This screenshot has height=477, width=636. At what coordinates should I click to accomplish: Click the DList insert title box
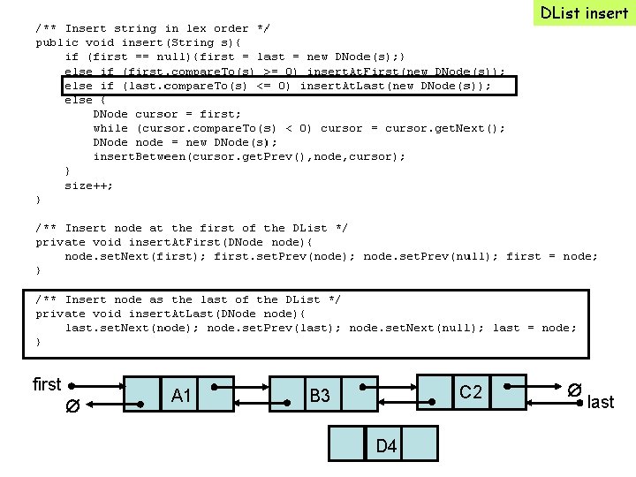(x=584, y=13)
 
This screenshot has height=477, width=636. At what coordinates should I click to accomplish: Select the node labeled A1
(x=182, y=396)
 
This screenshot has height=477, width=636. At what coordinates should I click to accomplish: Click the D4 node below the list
(x=385, y=445)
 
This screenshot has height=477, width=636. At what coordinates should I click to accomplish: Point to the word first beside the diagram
(x=47, y=384)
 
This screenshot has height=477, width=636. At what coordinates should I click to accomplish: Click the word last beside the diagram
(x=601, y=402)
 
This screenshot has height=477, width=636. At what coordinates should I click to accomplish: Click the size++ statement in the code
(x=88, y=185)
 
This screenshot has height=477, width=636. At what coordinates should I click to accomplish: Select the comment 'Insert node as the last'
(x=188, y=299)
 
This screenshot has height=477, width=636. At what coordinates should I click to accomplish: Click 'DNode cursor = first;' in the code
(x=167, y=114)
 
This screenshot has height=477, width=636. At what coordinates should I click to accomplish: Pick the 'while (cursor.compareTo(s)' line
(x=299, y=128)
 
